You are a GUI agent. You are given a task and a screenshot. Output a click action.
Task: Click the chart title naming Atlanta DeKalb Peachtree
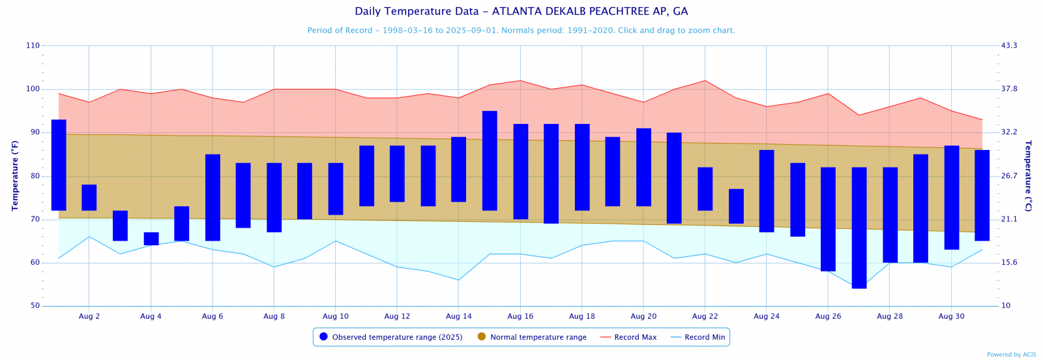521,12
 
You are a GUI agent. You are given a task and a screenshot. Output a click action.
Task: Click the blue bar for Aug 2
89,198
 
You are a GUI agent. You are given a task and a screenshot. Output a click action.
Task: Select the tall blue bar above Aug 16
521,172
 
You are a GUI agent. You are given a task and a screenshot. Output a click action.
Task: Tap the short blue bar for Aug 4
151,239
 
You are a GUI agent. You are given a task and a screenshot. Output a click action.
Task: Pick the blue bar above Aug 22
705,189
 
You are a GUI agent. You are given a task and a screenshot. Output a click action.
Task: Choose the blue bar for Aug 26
828,219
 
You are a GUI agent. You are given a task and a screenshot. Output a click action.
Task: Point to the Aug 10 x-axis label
336,316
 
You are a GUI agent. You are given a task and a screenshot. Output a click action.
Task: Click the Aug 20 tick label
643,316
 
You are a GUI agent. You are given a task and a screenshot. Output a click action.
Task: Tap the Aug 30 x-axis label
951,316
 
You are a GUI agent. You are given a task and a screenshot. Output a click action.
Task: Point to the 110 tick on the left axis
33,46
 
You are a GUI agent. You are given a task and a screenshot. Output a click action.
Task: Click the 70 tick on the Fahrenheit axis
35,220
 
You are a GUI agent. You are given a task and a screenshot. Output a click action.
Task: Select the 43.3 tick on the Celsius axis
1009,46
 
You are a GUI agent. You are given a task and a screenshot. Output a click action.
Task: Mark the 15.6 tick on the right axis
1009,263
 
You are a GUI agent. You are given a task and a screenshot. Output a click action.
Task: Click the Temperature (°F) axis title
15,176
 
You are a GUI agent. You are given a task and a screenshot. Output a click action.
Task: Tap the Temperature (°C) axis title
1028,176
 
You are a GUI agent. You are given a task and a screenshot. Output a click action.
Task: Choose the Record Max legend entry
628,337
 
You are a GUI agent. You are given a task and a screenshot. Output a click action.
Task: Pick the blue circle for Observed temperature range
323,337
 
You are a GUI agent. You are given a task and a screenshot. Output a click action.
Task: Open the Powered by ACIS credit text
1011,355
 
